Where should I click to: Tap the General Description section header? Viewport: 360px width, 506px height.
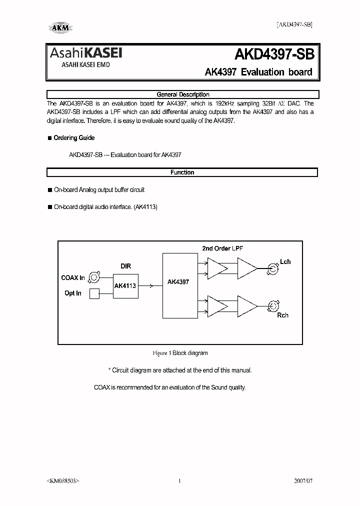(x=182, y=94)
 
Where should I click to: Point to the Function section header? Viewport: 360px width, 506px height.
(x=182, y=172)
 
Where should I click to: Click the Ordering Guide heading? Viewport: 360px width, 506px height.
(x=74, y=138)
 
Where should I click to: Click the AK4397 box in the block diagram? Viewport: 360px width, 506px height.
(x=178, y=282)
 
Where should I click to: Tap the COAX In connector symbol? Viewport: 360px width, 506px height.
(x=94, y=277)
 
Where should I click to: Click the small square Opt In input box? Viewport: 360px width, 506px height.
(x=94, y=293)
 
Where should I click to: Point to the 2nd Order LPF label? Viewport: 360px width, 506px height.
(x=222, y=248)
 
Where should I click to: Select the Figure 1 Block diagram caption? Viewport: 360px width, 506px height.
(x=180, y=353)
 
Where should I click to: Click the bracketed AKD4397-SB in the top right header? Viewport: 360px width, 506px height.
(x=294, y=24)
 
